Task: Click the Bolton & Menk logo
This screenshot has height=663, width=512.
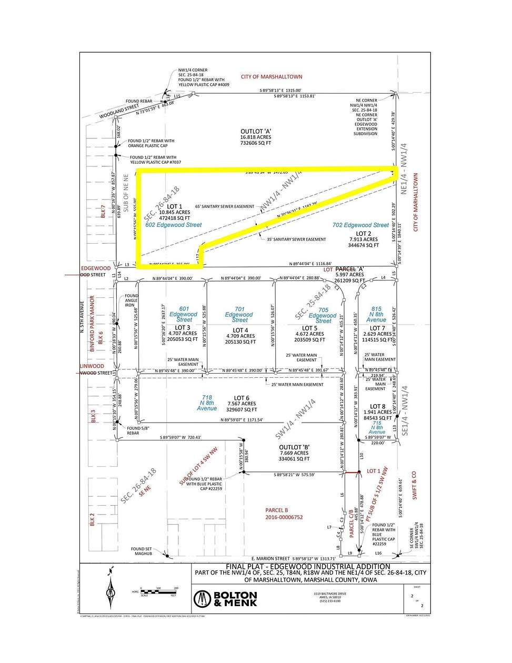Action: pos(225,599)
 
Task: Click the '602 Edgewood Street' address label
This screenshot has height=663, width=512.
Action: pos(174,225)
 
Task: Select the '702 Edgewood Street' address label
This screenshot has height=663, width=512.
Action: pos(360,225)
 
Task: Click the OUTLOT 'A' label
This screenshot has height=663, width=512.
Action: pos(256,132)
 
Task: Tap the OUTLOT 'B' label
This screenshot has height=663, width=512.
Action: pos(294,447)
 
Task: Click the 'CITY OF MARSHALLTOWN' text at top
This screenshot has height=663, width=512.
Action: pos(272,77)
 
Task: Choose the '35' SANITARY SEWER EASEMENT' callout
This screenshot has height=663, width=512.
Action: pos(293,239)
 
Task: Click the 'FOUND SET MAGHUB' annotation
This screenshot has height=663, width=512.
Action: pos(142,551)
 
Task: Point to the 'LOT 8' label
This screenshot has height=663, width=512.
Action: pos(377,407)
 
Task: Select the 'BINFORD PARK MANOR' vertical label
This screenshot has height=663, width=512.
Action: pos(92,324)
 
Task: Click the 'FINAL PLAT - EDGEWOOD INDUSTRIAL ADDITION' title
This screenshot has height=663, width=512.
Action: pos(308,567)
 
